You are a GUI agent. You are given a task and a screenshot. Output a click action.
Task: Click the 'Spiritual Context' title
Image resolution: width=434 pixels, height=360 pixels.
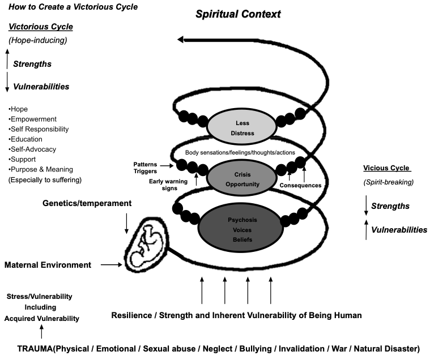coord(238,14)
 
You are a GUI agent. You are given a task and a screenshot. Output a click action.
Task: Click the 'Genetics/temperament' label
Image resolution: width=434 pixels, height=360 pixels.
coord(87,203)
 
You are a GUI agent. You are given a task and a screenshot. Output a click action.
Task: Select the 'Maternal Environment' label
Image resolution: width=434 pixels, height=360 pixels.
coord(48,265)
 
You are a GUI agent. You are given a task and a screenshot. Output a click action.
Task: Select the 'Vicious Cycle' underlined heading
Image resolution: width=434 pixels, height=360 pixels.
coord(386,168)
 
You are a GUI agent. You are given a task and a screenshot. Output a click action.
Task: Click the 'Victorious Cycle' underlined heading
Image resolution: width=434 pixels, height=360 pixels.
coord(40,27)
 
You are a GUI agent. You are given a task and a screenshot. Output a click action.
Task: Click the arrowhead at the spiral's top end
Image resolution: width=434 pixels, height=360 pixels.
coord(181,40)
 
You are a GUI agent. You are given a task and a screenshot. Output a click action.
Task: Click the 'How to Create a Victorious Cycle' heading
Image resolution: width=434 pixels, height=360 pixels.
coord(73,7)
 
